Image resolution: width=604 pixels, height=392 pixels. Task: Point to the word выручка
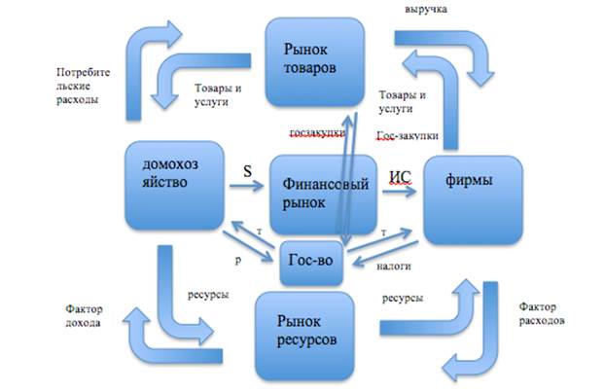(x=423, y=9)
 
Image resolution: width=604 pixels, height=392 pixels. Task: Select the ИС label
(x=400, y=177)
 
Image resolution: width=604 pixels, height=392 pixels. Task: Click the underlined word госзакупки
(x=316, y=132)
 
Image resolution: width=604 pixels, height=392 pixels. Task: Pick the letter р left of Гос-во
(x=238, y=262)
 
